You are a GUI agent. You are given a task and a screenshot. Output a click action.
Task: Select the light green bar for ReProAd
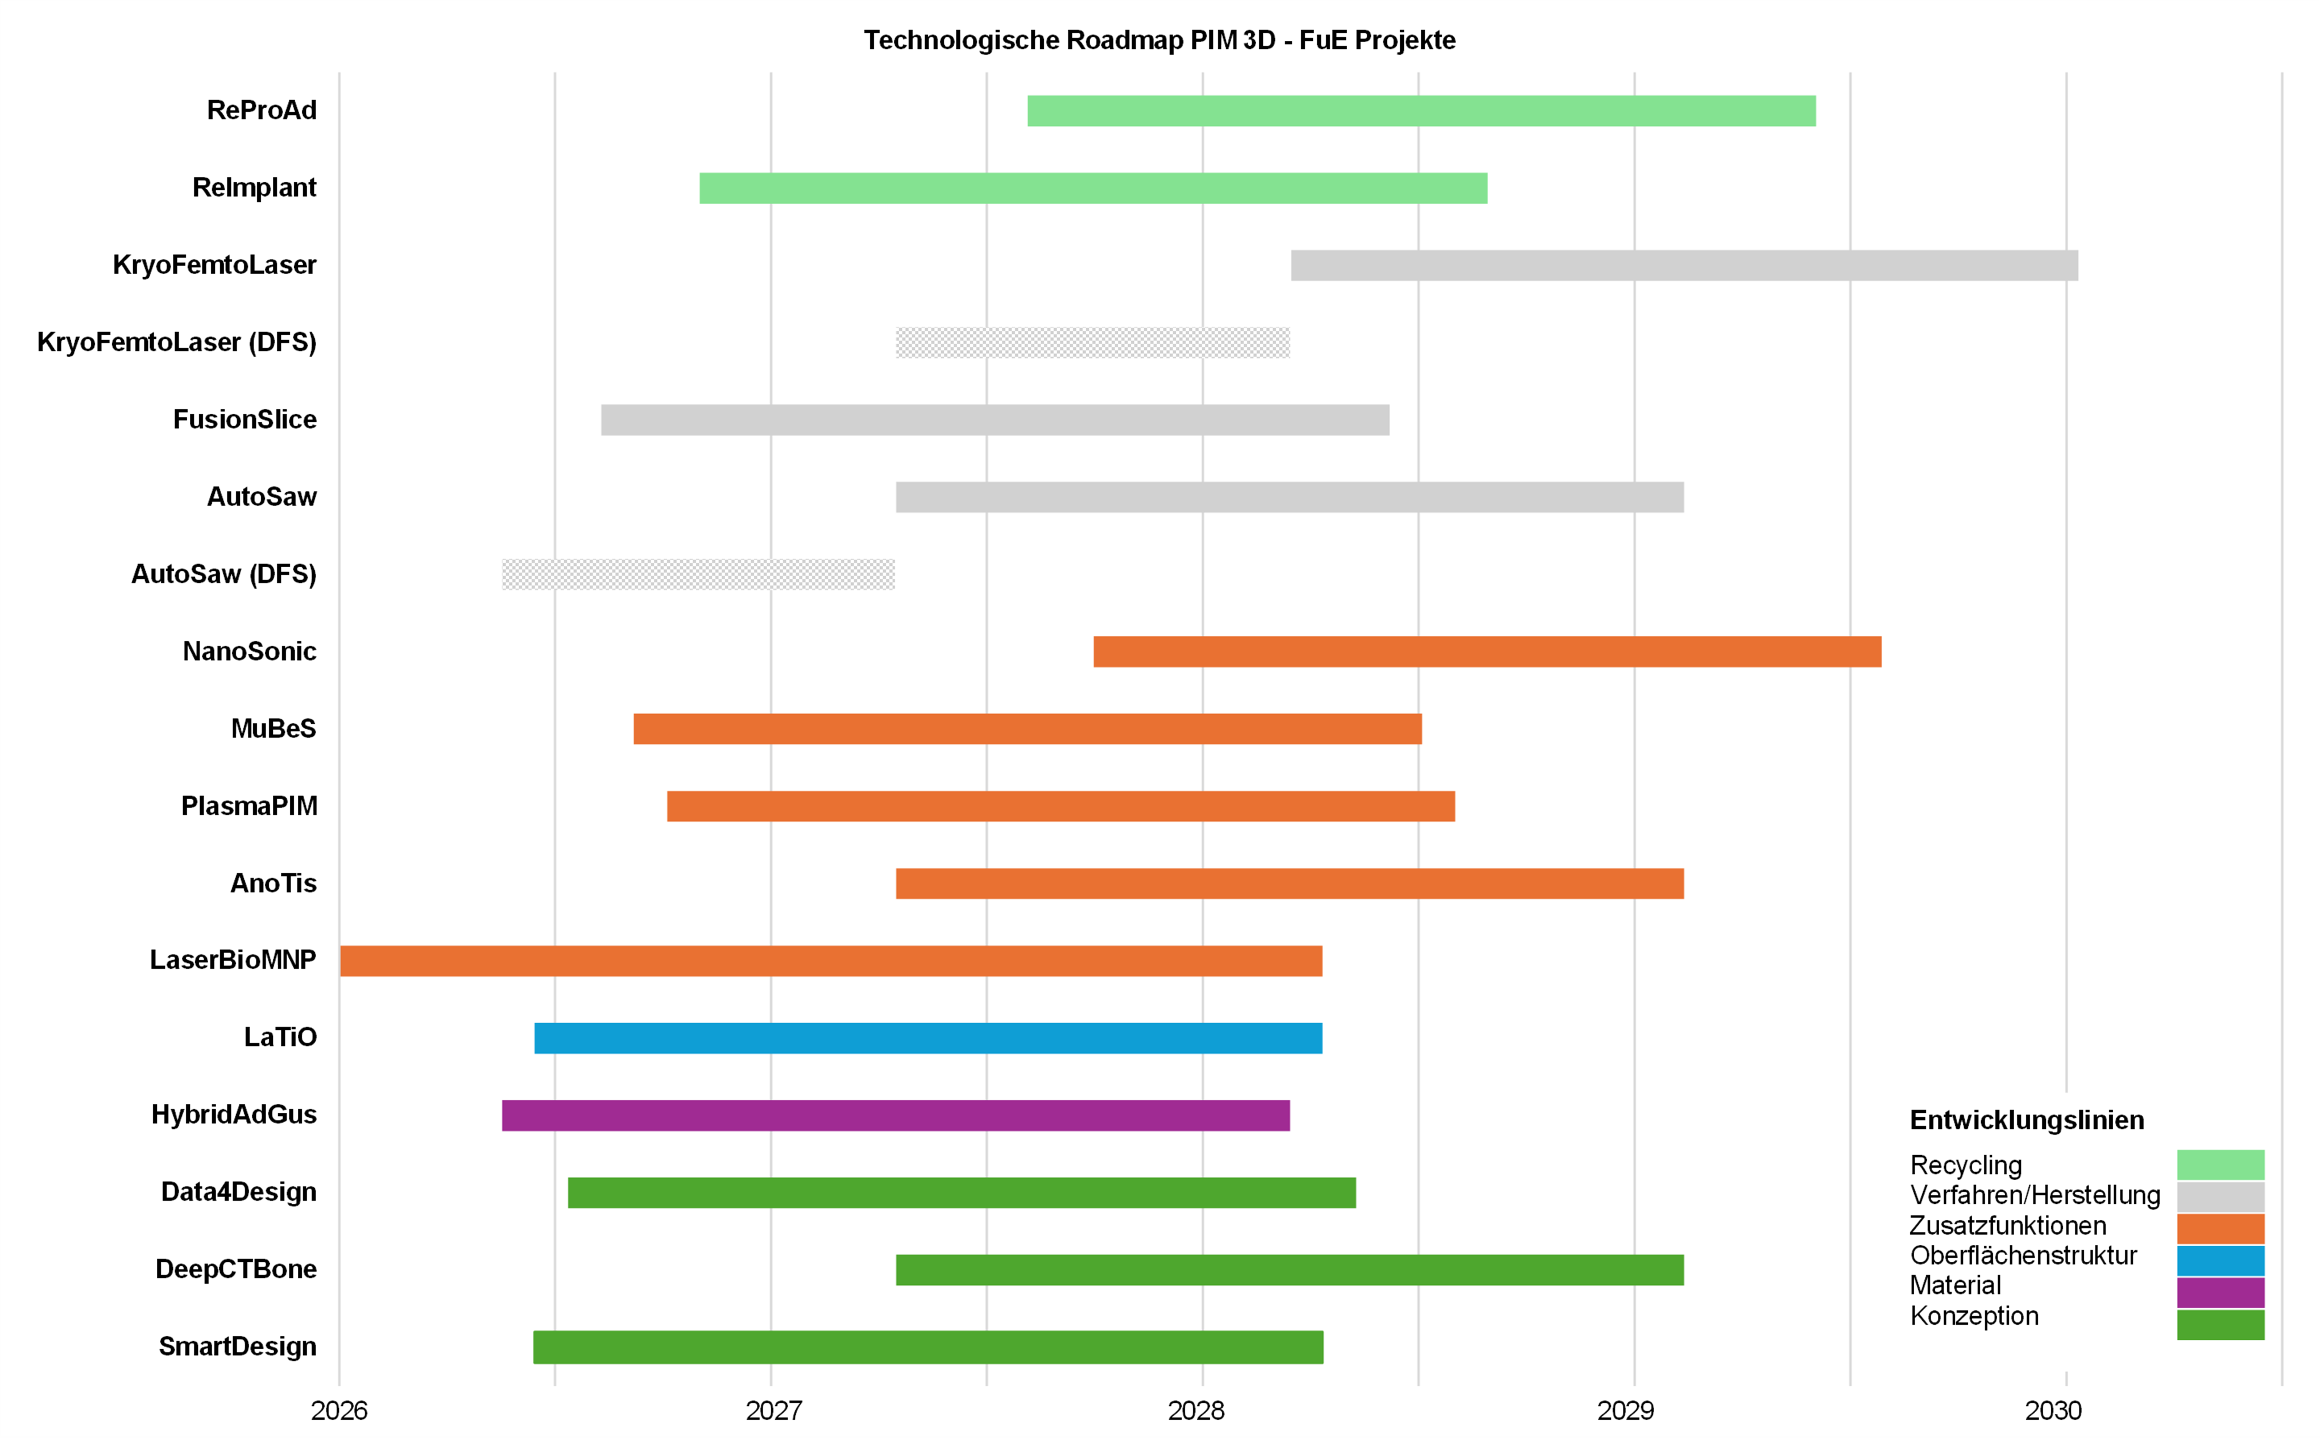[x=1421, y=111]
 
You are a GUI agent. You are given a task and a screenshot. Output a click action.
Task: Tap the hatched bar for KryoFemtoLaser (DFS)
[x=1092, y=342]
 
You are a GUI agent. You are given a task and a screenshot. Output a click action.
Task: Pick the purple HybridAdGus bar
[x=895, y=1116]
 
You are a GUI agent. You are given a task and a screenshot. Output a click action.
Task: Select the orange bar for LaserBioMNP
[x=831, y=961]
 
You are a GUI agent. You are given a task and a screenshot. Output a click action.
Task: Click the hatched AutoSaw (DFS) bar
[x=698, y=575]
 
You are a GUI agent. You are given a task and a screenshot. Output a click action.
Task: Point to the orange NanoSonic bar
[x=1487, y=651]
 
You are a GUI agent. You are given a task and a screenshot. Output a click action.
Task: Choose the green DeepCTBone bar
[x=1289, y=1270]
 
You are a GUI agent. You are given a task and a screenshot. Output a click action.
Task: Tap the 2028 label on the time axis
[x=1196, y=1410]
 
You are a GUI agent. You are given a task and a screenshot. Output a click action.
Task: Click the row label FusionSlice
[x=244, y=419]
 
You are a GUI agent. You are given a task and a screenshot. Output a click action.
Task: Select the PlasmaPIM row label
[x=249, y=805]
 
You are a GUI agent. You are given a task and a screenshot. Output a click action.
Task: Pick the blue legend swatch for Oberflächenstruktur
[x=2220, y=1260]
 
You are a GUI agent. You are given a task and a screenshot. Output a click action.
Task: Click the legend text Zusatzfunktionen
[x=2007, y=1225]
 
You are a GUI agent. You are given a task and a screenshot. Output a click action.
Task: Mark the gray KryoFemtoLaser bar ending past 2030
[x=1684, y=265]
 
